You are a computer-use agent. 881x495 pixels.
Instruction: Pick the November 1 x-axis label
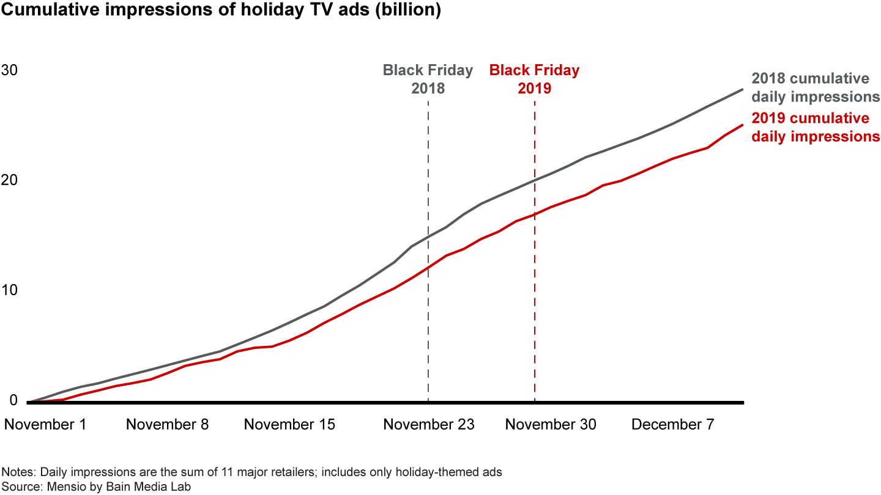click(45, 424)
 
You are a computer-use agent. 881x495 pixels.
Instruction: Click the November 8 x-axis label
click(167, 424)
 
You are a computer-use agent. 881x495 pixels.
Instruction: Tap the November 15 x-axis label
click(289, 424)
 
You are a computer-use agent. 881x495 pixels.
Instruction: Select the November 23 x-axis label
click(429, 424)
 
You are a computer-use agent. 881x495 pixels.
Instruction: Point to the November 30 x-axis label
click(551, 424)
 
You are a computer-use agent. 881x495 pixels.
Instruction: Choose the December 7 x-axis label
click(672, 424)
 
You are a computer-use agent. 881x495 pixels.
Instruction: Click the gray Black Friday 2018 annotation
click(428, 79)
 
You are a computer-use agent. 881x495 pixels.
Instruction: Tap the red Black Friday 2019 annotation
click(534, 79)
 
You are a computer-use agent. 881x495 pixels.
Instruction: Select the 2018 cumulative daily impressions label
click(815, 87)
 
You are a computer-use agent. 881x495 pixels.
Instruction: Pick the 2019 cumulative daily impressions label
click(815, 127)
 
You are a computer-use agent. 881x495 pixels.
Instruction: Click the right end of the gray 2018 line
click(742, 90)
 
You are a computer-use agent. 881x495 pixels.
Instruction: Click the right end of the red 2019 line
click(742, 125)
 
